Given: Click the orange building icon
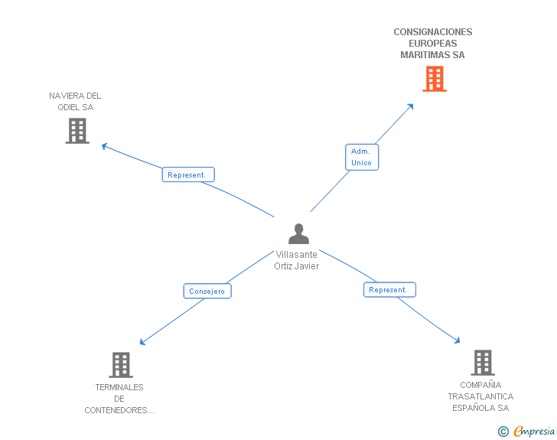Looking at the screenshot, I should click(x=434, y=79).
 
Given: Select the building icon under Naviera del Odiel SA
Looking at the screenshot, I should click(x=77, y=131).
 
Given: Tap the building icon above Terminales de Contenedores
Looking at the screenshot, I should click(x=121, y=365).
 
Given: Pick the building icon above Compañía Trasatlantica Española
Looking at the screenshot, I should click(x=482, y=363).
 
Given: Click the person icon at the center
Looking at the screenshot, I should click(x=298, y=234).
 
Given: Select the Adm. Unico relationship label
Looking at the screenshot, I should click(x=361, y=157).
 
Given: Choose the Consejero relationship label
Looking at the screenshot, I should click(x=207, y=291).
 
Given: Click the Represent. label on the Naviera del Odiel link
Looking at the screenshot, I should click(x=187, y=174).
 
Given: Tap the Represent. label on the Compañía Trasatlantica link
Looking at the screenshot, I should click(x=389, y=289).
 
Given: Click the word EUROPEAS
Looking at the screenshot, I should click(x=432, y=44).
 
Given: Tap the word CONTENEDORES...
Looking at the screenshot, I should click(x=119, y=410).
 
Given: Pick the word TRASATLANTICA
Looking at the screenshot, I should click(x=480, y=396).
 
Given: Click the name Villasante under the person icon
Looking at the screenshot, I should click(x=296, y=255).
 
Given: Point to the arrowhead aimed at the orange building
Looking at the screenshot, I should click(x=411, y=106).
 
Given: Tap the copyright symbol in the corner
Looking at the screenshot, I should click(x=503, y=432).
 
